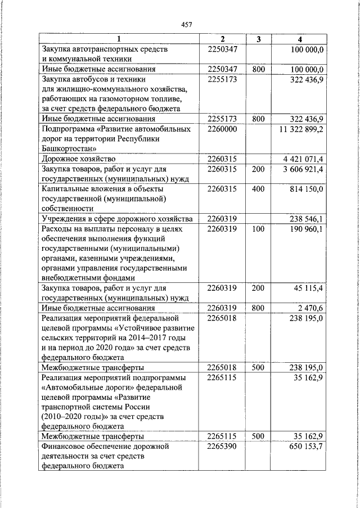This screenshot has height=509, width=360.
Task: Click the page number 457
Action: coord(187,24)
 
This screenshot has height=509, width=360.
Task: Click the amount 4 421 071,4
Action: coord(303,159)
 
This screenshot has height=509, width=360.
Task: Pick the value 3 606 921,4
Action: coord(303,169)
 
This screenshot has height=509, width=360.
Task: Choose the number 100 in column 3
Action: coord(258,228)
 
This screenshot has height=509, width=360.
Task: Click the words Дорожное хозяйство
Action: coord(78,159)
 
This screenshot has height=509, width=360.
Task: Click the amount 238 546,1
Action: coord(307,218)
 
